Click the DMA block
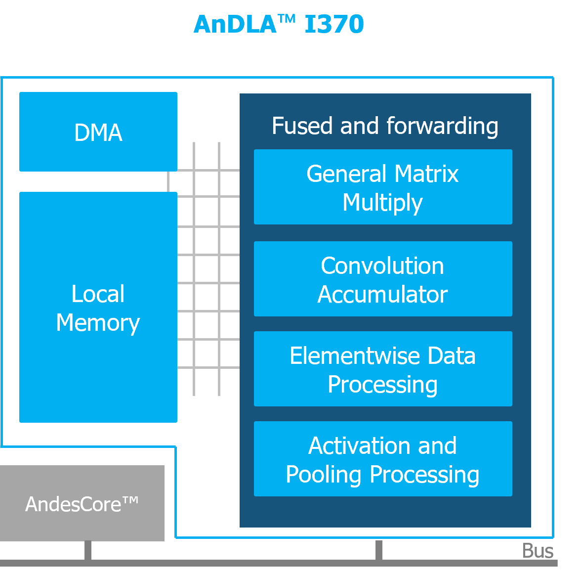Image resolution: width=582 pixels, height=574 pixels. pyautogui.click(x=98, y=132)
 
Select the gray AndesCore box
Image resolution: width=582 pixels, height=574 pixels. pyautogui.click(x=82, y=503)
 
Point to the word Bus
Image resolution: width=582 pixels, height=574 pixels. pyautogui.click(x=538, y=550)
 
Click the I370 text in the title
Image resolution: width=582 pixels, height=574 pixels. pyautogui.click(x=334, y=24)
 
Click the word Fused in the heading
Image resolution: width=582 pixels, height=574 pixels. pyautogui.click(x=302, y=126)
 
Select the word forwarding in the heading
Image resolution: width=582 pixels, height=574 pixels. pyautogui.click(x=442, y=127)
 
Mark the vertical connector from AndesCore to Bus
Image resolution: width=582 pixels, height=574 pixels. pyautogui.click(x=88, y=550)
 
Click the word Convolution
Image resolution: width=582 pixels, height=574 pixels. pyautogui.click(x=382, y=265)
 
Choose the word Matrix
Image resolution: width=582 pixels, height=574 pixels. pyautogui.click(x=426, y=174)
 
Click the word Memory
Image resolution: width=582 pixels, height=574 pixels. pyautogui.click(x=98, y=323)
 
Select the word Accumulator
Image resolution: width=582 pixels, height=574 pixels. pyautogui.click(x=382, y=295)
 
